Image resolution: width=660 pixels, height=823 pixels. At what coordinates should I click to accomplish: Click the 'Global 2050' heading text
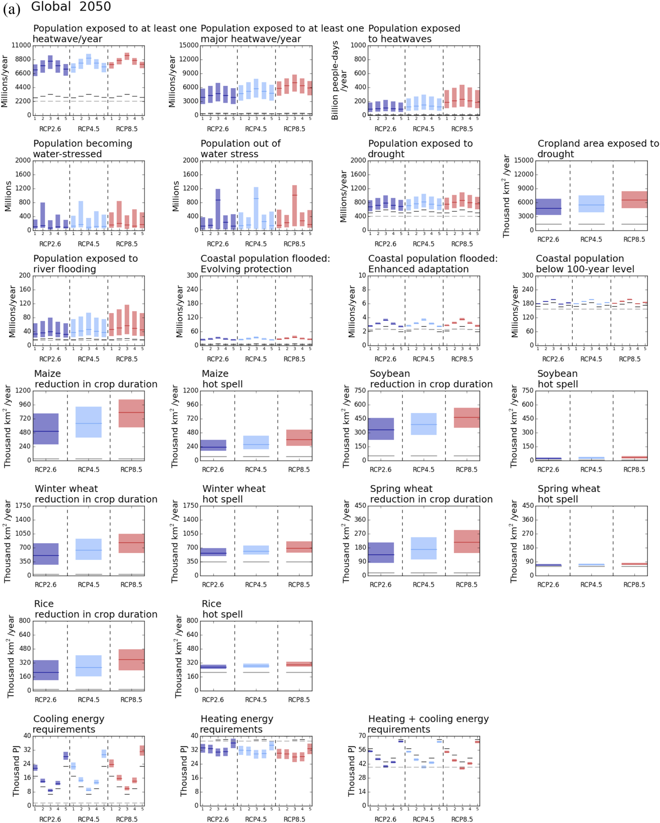pos(71,7)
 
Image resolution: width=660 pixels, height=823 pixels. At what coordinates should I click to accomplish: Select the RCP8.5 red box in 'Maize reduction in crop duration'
pos(131,413)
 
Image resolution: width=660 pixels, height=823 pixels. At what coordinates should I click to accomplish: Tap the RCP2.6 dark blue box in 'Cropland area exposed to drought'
pos(548,206)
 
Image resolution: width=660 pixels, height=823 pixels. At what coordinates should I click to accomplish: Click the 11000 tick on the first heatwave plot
pos(21,45)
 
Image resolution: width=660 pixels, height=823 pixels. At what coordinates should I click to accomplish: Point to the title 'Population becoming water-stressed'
pos(82,148)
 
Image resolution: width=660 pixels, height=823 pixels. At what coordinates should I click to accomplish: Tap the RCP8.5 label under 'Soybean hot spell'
pos(634,469)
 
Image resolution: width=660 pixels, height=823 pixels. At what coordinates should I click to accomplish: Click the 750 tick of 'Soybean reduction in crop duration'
pos(360,390)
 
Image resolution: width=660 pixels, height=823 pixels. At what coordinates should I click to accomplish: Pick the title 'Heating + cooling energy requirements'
pos(428,724)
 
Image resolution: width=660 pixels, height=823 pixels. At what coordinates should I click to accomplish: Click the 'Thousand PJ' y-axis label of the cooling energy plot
pos(16,770)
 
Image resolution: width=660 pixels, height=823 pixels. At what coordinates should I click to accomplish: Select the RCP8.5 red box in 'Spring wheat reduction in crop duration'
pos(466,541)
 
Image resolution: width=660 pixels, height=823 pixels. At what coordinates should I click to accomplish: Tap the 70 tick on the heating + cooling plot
pos(362,736)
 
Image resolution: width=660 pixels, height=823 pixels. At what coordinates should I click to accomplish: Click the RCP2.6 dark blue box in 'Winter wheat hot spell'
pos(213,552)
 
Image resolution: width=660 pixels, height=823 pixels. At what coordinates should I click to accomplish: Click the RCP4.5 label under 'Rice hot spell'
pos(256,700)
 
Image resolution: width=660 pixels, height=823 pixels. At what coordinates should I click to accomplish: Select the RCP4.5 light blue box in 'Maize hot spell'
pos(256,442)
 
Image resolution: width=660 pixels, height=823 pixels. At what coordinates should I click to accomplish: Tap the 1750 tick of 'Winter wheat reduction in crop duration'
pos(23,505)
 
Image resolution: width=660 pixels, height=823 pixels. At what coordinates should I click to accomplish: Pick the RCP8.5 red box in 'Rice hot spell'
pos(299,664)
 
